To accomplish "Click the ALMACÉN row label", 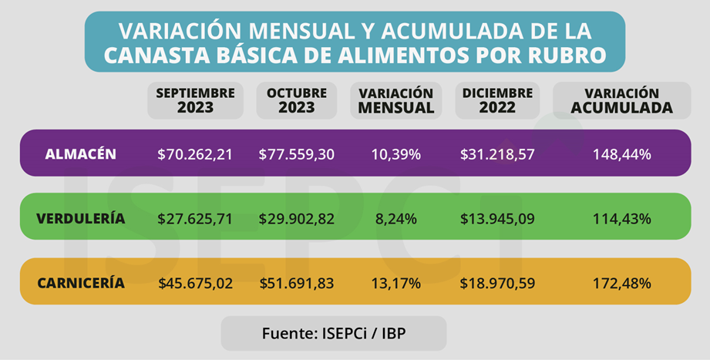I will tap(81, 154).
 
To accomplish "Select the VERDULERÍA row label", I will tap(80, 219).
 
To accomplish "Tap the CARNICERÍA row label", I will tap(81, 283).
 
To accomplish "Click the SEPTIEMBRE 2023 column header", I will tap(196, 100).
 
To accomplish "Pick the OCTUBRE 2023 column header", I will tap(297, 100).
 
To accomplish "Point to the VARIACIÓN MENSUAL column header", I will tap(396, 100).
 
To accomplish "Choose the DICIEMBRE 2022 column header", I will tap(497, 100).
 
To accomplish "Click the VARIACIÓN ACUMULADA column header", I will tap(621, 100).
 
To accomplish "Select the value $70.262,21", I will tap(195, 154).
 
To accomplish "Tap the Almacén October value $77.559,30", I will tap(297, 154).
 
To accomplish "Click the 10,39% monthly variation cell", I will tap(395, 154).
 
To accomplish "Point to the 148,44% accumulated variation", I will tap(621, 154).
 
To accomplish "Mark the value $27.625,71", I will tap(195, 219).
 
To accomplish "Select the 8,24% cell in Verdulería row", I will tap(395, 219).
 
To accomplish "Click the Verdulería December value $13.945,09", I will tap(497, 219).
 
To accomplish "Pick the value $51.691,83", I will tap(297, 283).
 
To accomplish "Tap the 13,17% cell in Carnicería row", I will tap(395, 283).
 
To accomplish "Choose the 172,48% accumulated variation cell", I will tap(621, 283).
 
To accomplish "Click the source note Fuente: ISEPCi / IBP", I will tap(333, 333).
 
